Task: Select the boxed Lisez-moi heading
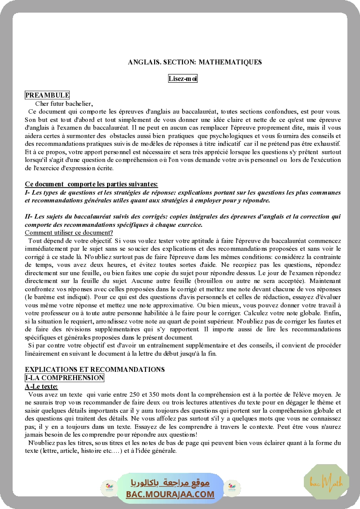(183, 79)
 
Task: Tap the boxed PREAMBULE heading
(47, 95)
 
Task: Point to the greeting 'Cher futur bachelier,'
(64, 104)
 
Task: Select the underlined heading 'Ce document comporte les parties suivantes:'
(91, 184)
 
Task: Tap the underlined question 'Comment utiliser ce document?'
(69, 233)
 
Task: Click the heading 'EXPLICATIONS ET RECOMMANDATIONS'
(95, 370)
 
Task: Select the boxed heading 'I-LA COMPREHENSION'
(64, 378)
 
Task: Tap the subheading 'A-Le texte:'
(41, 386)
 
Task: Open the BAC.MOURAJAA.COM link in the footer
(170, 494)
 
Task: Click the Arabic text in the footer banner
(170, 483)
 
